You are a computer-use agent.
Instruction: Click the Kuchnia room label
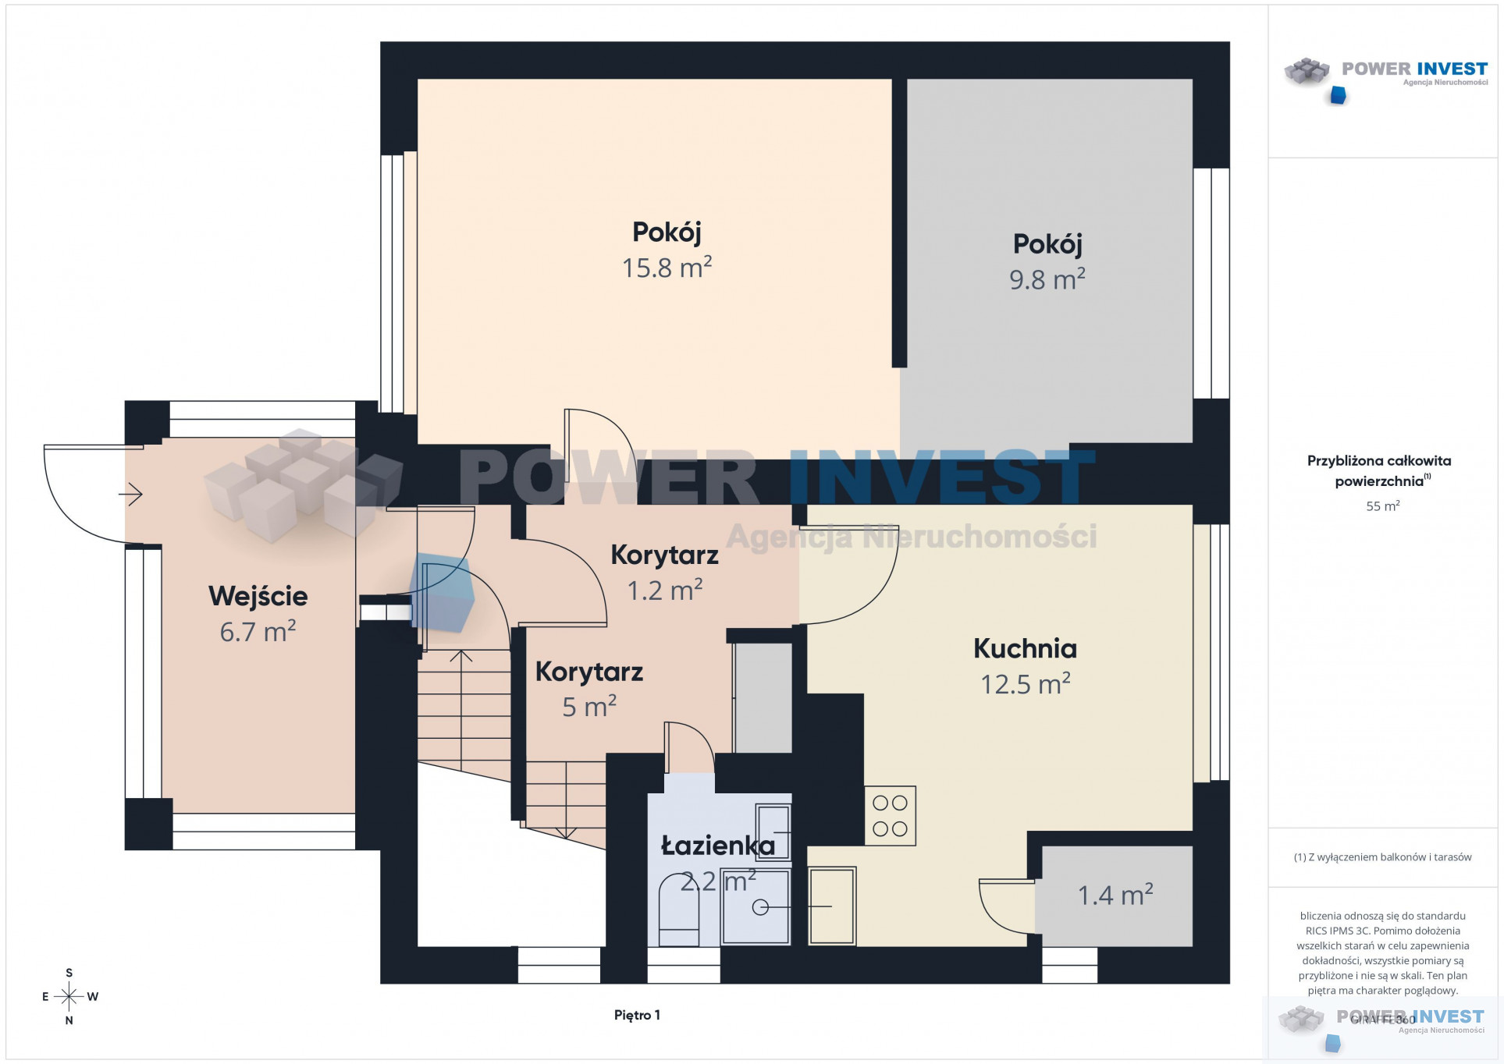tap(1025, 649)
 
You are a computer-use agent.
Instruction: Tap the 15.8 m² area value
tap(667, 268)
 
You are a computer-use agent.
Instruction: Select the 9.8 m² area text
tap(1047, 279)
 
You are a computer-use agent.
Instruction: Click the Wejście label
tap(258, 597)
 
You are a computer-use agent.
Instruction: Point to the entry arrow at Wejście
tap(131, 494)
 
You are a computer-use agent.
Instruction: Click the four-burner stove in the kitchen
tap(890, 815)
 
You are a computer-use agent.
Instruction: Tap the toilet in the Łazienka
tap(678, 910)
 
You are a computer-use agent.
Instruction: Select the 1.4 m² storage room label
tap(1115, 895)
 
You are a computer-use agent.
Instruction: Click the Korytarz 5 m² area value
tap(589, 707)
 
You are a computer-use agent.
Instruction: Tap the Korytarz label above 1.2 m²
tap(664, 555)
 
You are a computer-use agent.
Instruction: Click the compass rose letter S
tap(69, 973)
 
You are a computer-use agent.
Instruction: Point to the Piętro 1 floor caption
tap(637, 1015)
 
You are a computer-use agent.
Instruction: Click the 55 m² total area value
tap(1382, 506)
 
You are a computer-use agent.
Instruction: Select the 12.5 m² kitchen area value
tap(1025, 684)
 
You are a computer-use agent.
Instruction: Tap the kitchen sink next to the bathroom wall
tap(832, 906)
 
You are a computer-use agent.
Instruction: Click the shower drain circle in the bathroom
tap(760, 907)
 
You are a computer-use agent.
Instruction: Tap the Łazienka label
tap(718, 846)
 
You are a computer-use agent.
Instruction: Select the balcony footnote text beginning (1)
tap(1382, 857)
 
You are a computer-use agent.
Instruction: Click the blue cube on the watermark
tap(442, 593)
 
